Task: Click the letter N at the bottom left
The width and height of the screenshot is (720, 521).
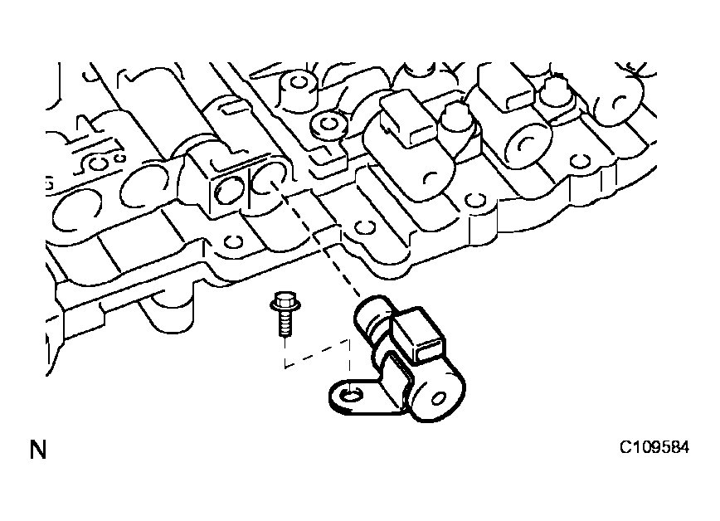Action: (x=38, y=450)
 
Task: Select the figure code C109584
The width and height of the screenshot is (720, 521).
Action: (x=654, y=447)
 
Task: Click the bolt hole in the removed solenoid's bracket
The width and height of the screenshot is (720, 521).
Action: (x=351, y=394)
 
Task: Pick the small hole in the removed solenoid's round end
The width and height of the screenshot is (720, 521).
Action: (x=438, y=398)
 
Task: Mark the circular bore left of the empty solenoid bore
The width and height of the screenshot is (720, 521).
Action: (x=230, y=190)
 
